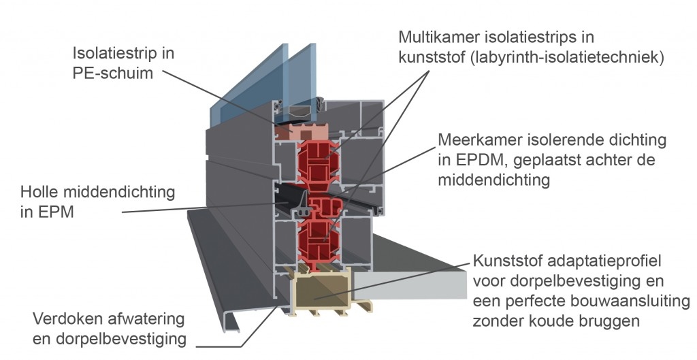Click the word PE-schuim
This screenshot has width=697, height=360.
coord(112,73)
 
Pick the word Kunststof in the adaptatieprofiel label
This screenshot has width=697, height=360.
coord(506,261)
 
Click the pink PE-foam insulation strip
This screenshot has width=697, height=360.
coord(302,132)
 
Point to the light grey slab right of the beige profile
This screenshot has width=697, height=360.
coord(410,284)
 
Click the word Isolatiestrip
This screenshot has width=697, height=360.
coord(116,53)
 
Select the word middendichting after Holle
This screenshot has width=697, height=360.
coord(119,192)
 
